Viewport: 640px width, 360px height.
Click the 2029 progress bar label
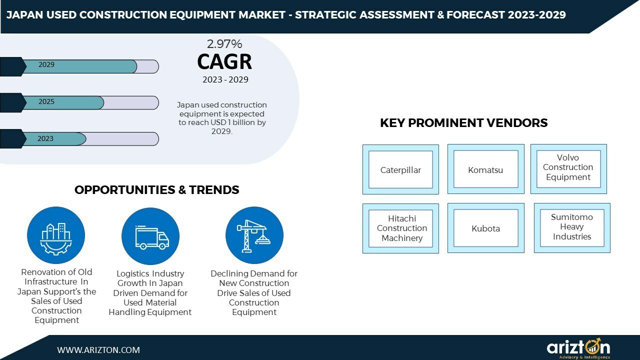tap(46, 65)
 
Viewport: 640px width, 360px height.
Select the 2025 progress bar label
tap(46, 102)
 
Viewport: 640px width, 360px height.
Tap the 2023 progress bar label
tap(45, 139)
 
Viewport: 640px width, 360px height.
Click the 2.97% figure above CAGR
tap(224, 44)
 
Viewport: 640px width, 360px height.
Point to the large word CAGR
tap(224, 62)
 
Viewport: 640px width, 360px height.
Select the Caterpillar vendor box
tap(400, 170)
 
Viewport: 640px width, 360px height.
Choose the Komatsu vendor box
tap(485, 170)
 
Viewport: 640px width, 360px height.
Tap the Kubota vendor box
tap(485, 228)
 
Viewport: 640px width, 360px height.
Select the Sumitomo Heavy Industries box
tap(572, 227)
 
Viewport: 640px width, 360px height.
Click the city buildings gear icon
tap(56, 235)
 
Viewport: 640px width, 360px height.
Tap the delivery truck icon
tap(150, 236)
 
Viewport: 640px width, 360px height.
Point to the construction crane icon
tap(254, 235)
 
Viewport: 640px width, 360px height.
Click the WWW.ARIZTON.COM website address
tap(98, 350)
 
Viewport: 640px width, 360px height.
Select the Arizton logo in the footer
tap(578, 348)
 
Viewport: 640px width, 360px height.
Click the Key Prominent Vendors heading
tap(464, 123)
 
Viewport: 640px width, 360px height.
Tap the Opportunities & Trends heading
tap(157, 190)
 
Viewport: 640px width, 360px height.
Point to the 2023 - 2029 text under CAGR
tap(225, 80)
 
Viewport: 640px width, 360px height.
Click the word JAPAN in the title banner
tap(23, 15)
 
